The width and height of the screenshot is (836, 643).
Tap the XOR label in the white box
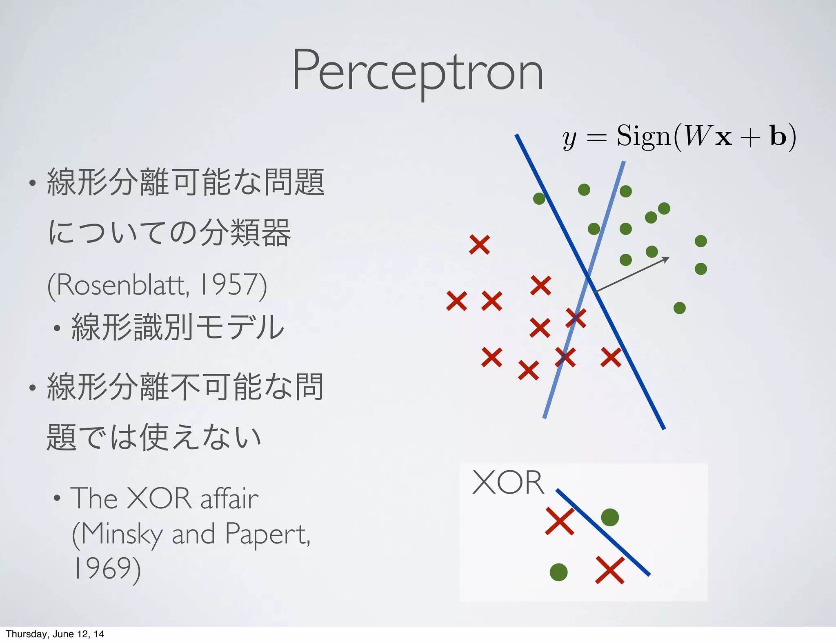pos(508,483)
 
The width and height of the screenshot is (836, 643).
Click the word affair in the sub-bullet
pos(229,499)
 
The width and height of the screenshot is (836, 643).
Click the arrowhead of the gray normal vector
pos(666,259)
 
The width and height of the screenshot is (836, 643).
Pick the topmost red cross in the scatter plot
pos(479,245)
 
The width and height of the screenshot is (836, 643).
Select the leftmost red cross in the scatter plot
pos(456,301)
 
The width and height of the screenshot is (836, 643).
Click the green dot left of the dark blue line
pos(539,199)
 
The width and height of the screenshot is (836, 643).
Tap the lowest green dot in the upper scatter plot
pos(679,308)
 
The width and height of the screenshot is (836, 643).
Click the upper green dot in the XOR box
pos(610,517)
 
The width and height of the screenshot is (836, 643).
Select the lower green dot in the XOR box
pos(558,572)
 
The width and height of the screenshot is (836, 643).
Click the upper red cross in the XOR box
pos(560,521)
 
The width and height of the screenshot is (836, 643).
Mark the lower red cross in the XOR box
pos(610,570)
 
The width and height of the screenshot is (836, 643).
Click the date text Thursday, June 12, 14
pos(55,634)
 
